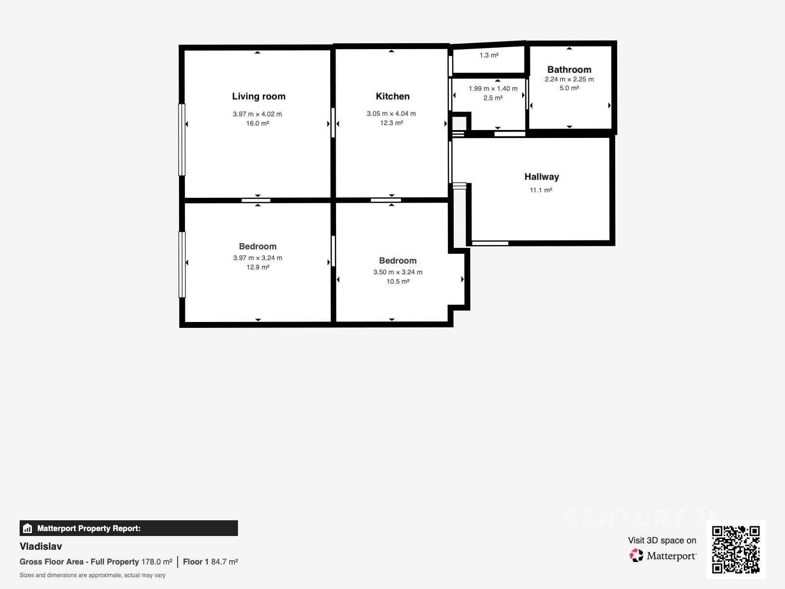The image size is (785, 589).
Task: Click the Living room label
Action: point(259,97)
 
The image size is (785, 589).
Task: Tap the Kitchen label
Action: point(392,96)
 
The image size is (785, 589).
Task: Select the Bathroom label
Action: point(569,69)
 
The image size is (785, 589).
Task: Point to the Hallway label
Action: point(542,177)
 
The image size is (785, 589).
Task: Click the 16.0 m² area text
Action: point(258,123)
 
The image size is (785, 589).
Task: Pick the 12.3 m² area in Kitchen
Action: point(391,123)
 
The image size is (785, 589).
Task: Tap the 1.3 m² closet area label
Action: point(489,55)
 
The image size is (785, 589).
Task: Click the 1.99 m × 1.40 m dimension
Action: point(493,88)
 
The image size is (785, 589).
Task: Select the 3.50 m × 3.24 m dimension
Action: point(398,272)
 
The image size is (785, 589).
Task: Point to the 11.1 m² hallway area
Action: point(541,190)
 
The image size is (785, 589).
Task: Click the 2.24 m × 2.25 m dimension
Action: point(569,80)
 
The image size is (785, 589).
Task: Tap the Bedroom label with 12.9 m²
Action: point(258,246)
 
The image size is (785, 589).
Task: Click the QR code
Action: point(735,549)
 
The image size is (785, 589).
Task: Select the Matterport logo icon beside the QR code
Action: point(636,556)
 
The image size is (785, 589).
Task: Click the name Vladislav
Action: point(41,546)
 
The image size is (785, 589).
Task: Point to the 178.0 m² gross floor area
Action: point(157,562)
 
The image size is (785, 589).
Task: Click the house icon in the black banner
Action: point(27,528)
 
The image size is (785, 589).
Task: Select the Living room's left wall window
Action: point(182,139)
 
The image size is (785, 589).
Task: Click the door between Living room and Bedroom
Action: point(256,200)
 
